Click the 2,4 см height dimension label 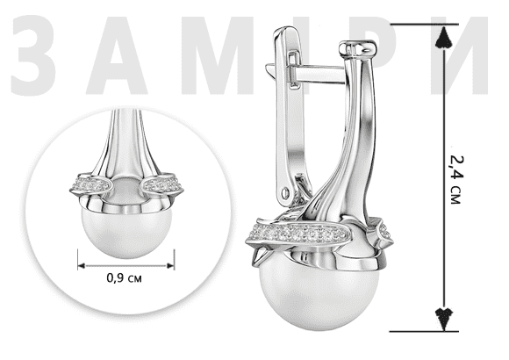tap(456, 180)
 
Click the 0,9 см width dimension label tap(125, 278)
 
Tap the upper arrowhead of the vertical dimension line tap(444, 38)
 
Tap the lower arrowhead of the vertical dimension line tap(444, 319)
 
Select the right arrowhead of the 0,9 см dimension tap(170, 266)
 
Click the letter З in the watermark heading tap(33, 55)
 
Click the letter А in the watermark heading tap(117, 55)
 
